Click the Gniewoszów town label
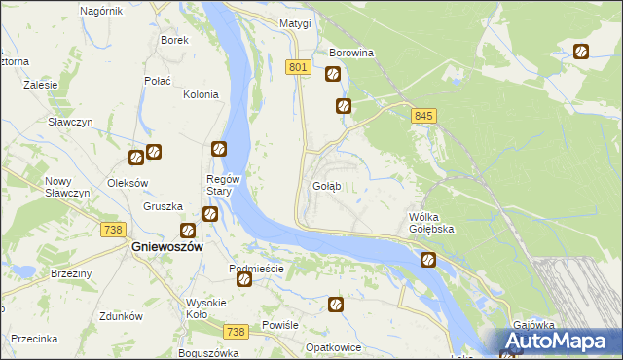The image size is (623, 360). coord(166,247)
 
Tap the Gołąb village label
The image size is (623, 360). coord(326,186)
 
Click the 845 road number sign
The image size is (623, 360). coord(422,116)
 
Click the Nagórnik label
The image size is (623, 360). coord(101,10)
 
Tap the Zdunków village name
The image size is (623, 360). coord(122,316)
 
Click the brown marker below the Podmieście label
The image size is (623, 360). coord(244,280)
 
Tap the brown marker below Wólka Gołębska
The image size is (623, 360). coord(427,260)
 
